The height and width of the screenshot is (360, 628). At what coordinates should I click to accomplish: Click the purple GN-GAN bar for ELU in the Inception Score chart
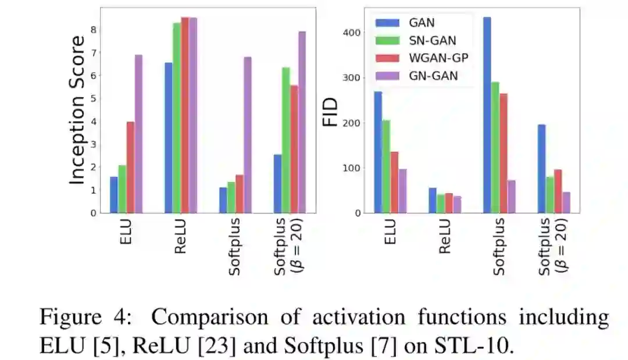point(138,134)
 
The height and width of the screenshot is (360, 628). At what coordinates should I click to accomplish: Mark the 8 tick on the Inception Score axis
point(92,30)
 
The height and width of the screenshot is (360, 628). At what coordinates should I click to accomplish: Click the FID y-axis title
point(330,112)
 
